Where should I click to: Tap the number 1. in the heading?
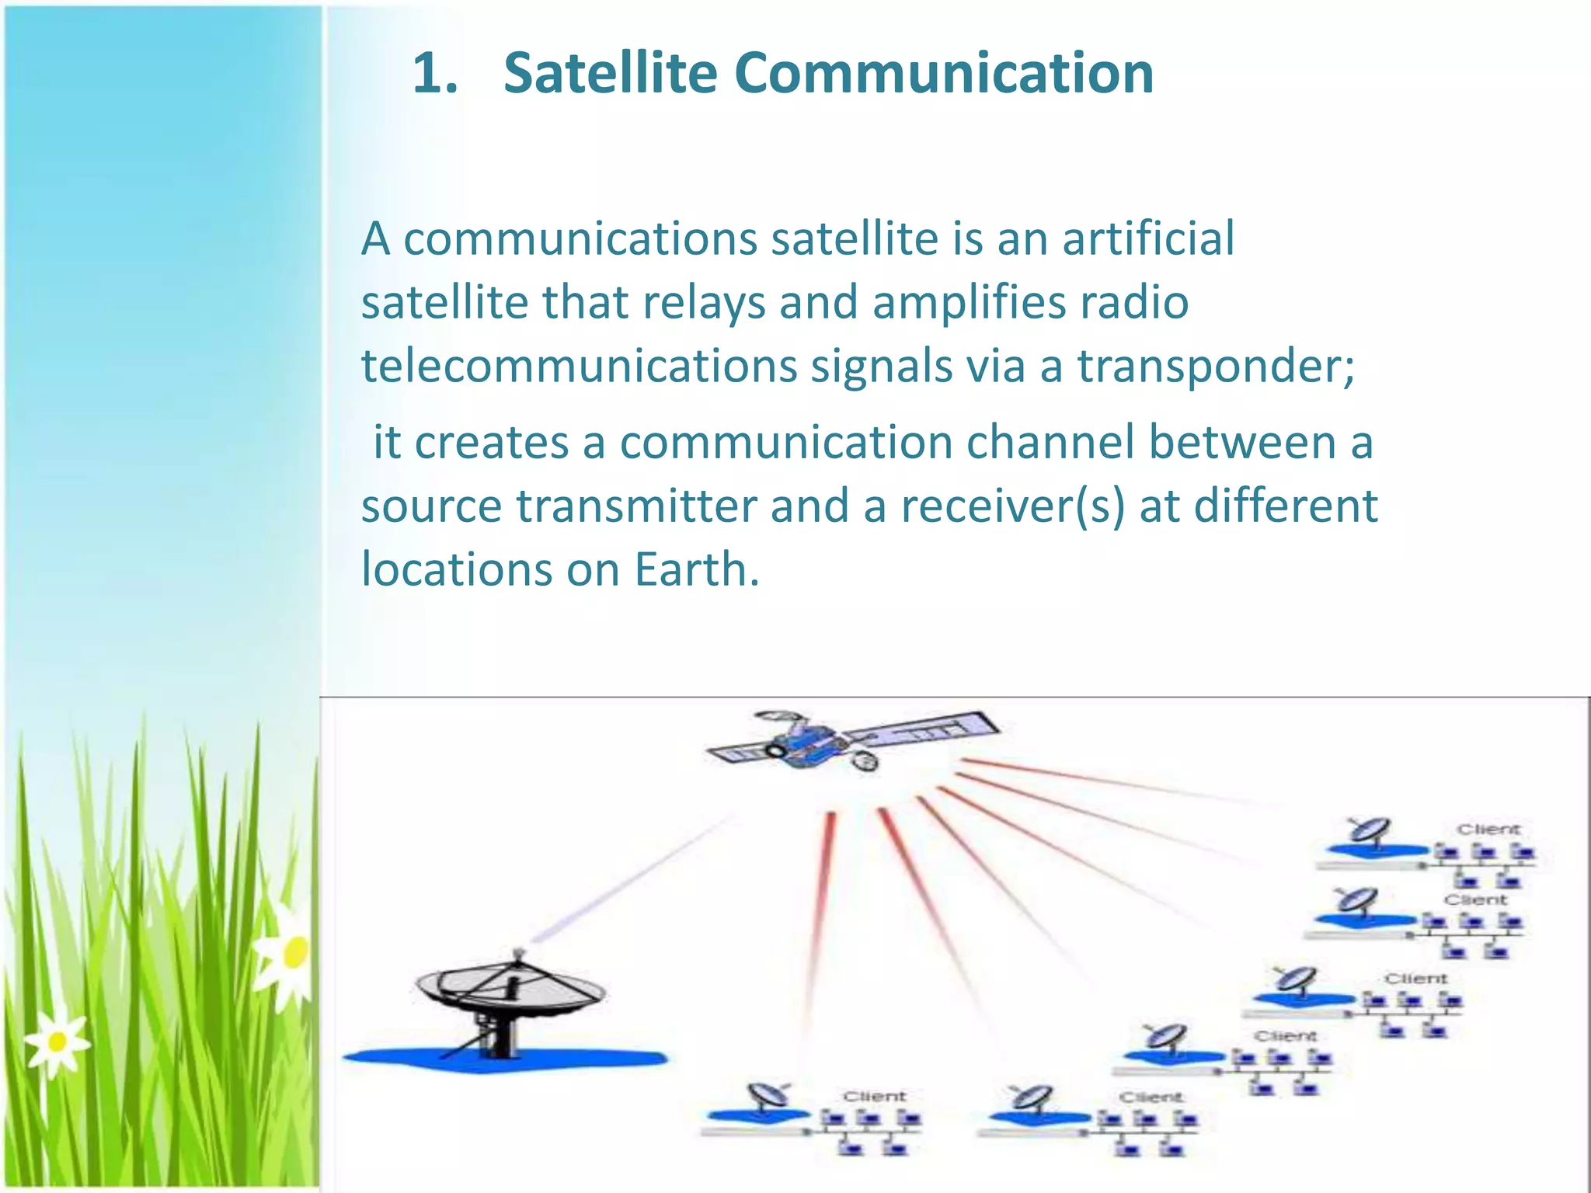435,74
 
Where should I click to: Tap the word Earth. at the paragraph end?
696,570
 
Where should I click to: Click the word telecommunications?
579,367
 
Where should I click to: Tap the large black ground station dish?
509,990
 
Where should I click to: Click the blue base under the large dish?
505,1058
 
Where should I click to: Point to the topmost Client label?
1488,830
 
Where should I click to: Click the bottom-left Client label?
875,1096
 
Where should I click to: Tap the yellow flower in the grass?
294,954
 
